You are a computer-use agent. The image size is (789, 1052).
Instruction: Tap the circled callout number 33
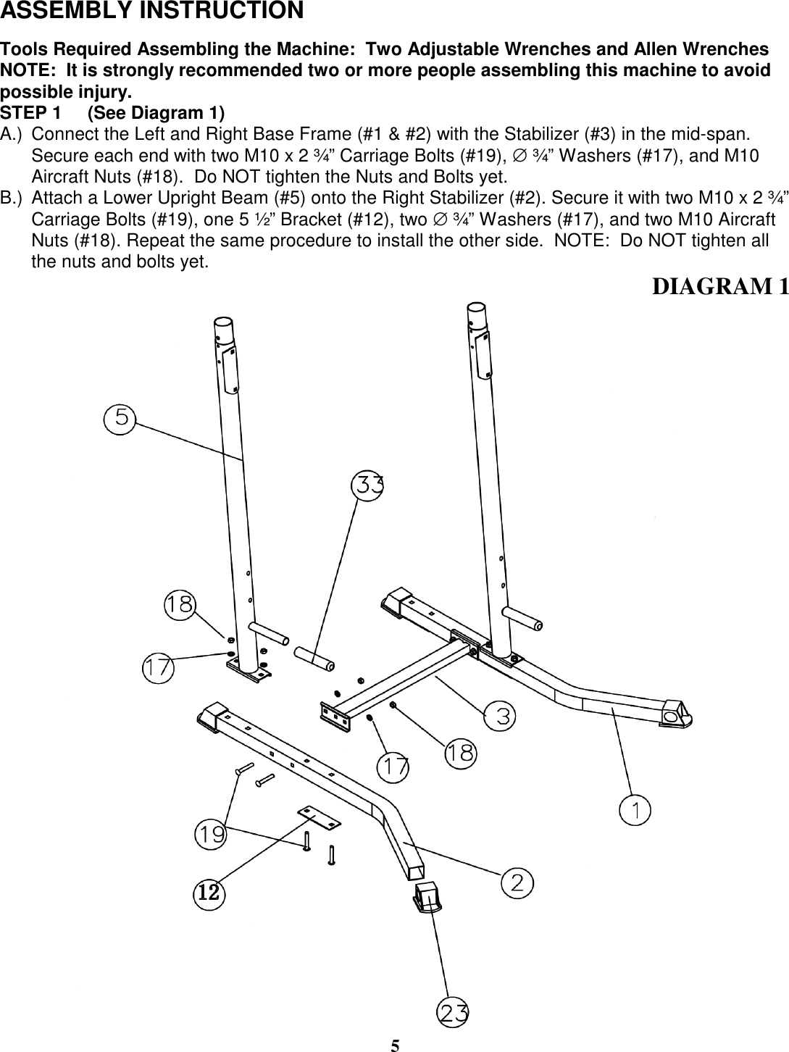tap(368, 485)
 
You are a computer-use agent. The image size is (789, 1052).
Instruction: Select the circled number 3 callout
tap(501, 716)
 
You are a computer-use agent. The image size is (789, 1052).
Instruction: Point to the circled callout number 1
tap(635, 809)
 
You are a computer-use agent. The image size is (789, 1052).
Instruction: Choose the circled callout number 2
tap(517, 882)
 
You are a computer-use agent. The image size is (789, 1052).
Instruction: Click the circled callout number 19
tap(211, 835)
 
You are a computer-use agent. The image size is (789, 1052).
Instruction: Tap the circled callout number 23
tap(454, 1012)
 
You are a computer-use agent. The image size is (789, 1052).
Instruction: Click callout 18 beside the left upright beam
tap(179, 604)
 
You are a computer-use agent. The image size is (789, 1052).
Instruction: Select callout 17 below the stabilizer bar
tap(394, 767)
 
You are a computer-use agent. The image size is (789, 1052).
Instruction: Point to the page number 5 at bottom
tap(395, 1044)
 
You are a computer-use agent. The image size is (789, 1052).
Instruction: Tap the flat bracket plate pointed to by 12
tap(318, 816)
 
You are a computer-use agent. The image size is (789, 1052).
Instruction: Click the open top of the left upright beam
tap(224, 323)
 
